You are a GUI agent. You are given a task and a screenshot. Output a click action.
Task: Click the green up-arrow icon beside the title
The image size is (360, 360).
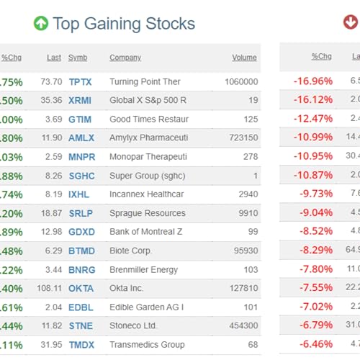tap(41, 24)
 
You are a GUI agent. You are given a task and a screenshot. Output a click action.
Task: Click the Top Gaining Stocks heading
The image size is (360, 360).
tap(124, 24)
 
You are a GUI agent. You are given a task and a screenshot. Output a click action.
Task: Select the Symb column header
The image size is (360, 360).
tap(78, 58)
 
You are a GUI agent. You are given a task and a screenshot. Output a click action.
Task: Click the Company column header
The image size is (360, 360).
tap(125, 58)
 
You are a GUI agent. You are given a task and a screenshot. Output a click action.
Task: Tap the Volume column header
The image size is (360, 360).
tap(244, 58)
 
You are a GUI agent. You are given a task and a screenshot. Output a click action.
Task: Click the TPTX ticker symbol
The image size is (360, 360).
tap(81, 82)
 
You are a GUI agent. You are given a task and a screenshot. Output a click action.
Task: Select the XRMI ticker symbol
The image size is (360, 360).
tap(81, 101)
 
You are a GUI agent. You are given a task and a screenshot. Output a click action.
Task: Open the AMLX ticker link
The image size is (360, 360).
tap(81, 138)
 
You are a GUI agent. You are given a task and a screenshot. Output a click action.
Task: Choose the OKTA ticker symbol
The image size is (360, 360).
tap(81, 288)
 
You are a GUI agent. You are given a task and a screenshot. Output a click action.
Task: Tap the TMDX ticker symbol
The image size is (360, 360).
tap(81, 345)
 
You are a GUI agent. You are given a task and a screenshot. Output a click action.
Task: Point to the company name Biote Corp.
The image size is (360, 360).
tap(131, 251)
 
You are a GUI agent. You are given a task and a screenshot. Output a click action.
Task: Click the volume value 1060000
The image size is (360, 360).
tap(241, 82)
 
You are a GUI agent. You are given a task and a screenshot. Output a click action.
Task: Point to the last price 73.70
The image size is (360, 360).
tap(52, 82)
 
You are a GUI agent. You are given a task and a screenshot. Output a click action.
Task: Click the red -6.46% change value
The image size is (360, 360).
tap(315, 345)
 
